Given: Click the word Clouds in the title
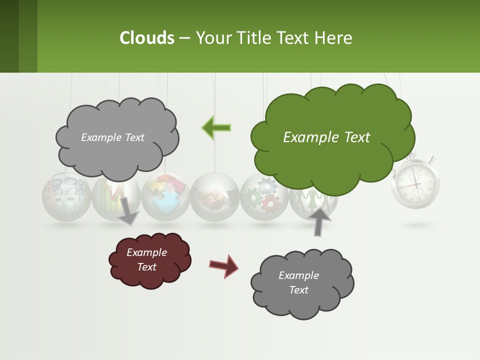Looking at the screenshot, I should click(x=147, y=38).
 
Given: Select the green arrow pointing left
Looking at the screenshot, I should click(x=216, y=127).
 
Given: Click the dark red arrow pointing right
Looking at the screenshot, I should click(x=223, y=265).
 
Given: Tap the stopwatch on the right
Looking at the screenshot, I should click(x=415, y=184).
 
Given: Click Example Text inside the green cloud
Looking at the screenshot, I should click(x=326, y=137).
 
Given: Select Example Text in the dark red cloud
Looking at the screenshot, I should click(x=146, y=259).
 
